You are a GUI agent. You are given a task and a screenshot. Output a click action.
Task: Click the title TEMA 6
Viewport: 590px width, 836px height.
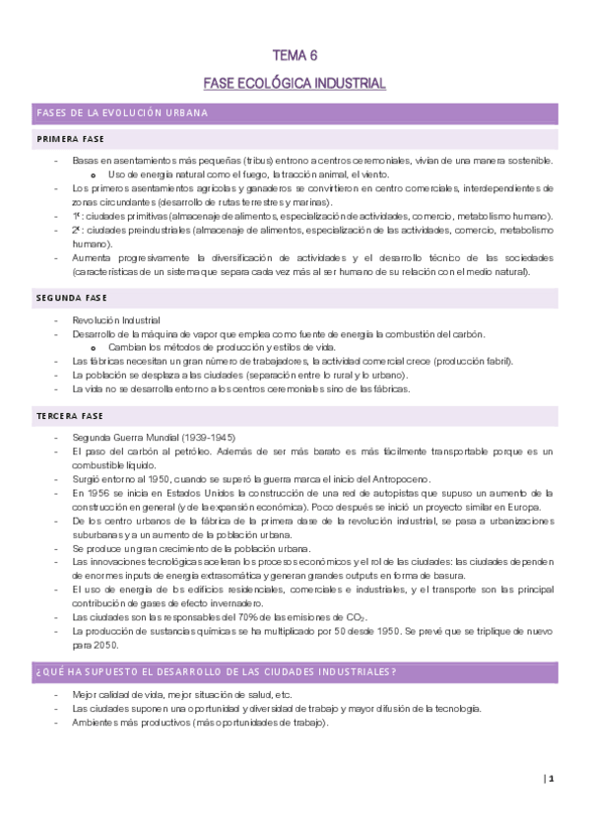tap(295, 56)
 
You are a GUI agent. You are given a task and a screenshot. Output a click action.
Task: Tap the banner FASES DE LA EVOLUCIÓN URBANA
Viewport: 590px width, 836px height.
tap(122, 113)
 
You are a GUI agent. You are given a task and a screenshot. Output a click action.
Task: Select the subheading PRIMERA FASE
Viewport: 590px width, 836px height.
tap(70, 139)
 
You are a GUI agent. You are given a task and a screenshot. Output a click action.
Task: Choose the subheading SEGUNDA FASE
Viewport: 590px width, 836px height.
tap(71, 297)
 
